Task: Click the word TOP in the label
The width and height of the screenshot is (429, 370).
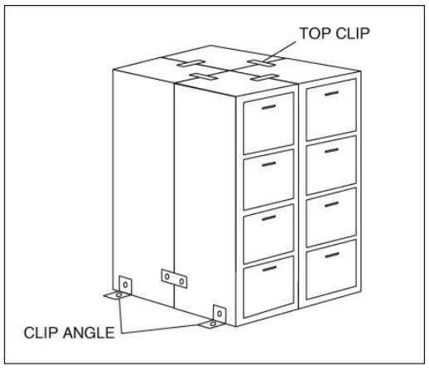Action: pyautogui.click(x=315, y=33)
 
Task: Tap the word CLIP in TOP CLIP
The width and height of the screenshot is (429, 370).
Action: pyautogui.click(x=352, y=33)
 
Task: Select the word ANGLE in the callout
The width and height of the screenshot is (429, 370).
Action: pyautogui.click(x=89, y=333)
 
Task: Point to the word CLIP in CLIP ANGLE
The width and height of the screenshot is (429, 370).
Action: pyautogui.click(x=41, y=333)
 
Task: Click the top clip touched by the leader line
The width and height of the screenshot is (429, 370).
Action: pyautogui.click(x=261, y=63)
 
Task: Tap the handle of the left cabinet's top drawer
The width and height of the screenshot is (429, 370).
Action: pyautogui.click(x=269, y=107)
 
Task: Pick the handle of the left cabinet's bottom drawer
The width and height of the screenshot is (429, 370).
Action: pyautogui.click(x=269, y=269)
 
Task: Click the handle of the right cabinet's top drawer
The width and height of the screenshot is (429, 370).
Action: pyautogui.click(x=332, y=93)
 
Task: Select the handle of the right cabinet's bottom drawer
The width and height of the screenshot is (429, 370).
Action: pyautogui.click(x=332, y=255)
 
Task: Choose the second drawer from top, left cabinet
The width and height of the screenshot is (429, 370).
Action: pyautogui.click(x=268, y=179)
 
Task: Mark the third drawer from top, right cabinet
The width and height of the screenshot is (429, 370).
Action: pyautogui.click(x=331, y=217)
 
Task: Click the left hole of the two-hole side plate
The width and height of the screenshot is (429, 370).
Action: pyautogui.click(x=167, y=276)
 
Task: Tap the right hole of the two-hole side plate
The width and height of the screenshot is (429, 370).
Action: pyautogui.click(x=182, y=281)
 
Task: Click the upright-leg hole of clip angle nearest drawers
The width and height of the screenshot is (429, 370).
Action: pyautogui.click(x=220, y=314)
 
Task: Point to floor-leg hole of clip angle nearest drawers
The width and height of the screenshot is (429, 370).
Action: pyautogui.click(x=213, y=324)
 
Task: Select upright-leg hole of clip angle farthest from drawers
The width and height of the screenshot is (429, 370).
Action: pyautogui.click(x=125, y=285)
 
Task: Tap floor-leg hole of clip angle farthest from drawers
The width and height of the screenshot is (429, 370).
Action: pyautogui.click(x=119, y=295)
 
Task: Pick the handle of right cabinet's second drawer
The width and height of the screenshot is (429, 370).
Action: pyautogui.click(x=332, y=151)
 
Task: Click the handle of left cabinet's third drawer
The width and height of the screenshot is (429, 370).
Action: pyautogui.click(x=269, y=218)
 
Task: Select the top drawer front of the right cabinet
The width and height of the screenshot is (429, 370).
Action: pyautogui.click(x=331, y=110)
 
